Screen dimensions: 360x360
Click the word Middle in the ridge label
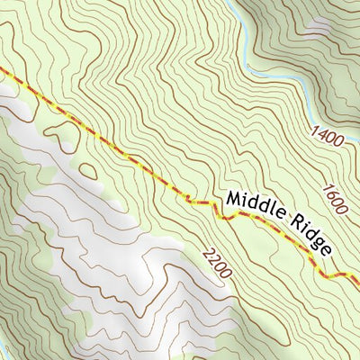click(257, 207)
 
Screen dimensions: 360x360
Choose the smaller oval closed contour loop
click(87, 169)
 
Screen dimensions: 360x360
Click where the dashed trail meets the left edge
click(2, 68)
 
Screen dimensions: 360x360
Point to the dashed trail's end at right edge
click(357, 283)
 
